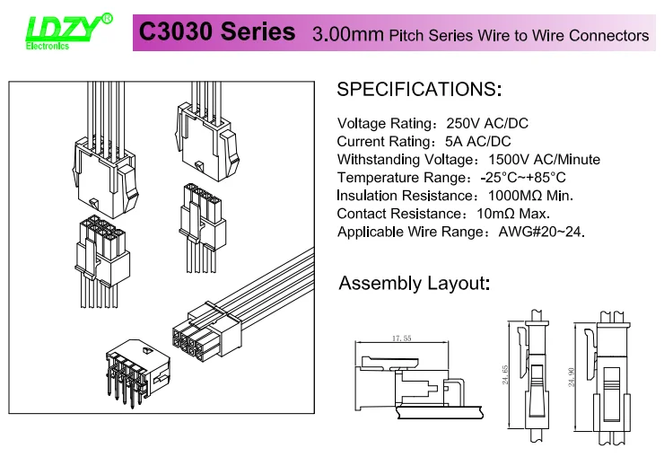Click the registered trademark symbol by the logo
point(107,18)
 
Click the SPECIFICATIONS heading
point(419,90)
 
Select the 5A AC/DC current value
point(478,142)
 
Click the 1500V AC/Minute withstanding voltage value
point(537,160)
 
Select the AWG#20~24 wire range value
point(541,232)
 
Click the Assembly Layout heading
point(414,284)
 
